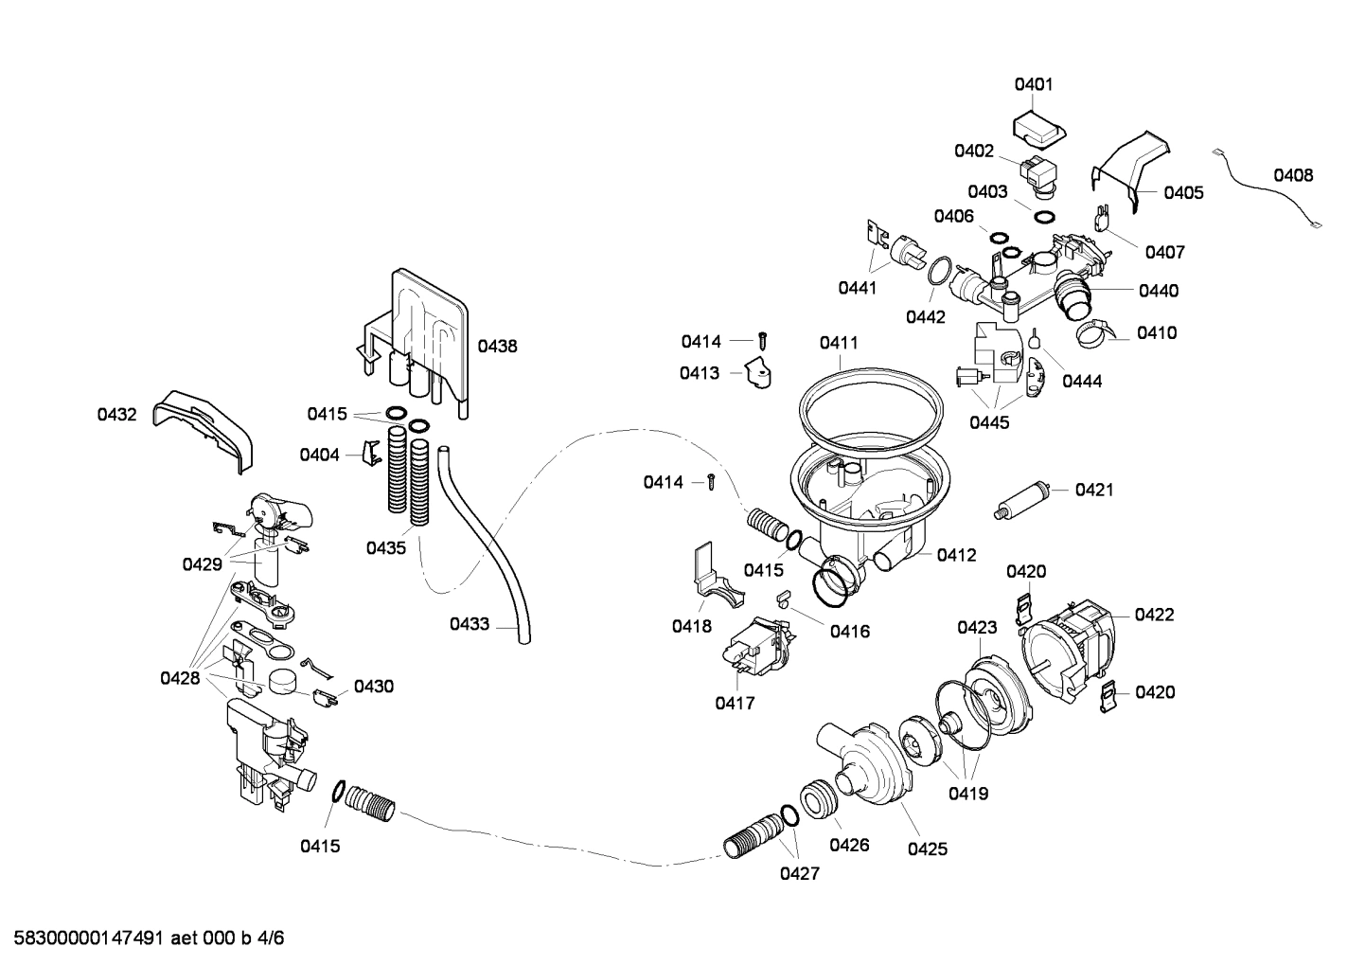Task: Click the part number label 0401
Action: point(1034,84)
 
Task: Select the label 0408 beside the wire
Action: point(1292,175)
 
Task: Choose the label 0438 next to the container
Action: point(497,347)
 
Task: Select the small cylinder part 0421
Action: point(1026,498)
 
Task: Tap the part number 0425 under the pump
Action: point(927,849)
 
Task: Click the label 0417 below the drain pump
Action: point(735,703)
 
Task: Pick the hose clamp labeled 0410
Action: point(1093,331)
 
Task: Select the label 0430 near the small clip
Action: point(374,686)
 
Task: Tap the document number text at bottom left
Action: point(143,938)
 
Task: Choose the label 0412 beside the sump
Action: point(956,555)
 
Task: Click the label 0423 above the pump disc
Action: point(977,627)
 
